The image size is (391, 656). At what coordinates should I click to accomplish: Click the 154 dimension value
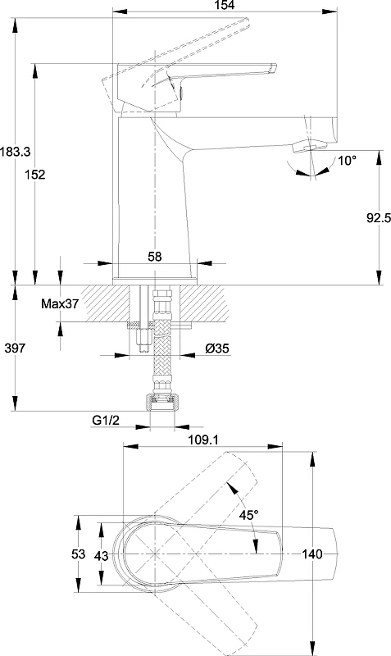tap(225, 5)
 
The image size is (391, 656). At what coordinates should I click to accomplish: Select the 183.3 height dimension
tap(15, 152)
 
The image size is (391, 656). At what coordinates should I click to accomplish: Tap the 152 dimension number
tap(34, 174)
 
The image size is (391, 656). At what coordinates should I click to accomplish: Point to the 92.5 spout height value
tap(379, 217)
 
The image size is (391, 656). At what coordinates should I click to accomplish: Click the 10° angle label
tap(347, 161)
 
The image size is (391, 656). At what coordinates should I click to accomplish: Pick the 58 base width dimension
tap(155, 257)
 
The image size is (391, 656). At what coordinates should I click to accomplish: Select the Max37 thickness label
tap(59, 303)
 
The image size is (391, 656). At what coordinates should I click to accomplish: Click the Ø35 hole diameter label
tap(217, 348)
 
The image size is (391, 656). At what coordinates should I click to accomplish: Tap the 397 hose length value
tap(15, 348)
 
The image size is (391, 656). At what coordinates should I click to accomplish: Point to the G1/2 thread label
tap(106, 420)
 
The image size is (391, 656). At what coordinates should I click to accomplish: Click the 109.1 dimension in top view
tap(203, 440)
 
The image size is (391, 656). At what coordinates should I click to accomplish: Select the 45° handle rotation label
tap(249, 515)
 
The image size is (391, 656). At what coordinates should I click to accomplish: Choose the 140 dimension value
tap(312, 554)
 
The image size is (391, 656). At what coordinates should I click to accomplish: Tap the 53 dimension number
tap(78, 554)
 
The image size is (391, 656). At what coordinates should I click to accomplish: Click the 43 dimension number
tap(101, 556)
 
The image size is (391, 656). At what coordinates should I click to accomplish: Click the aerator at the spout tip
tap(310, 146)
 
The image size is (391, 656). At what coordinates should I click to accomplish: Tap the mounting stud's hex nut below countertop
tap(143, 340)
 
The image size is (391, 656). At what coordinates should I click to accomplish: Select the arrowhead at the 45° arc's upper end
tap(231, 487)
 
